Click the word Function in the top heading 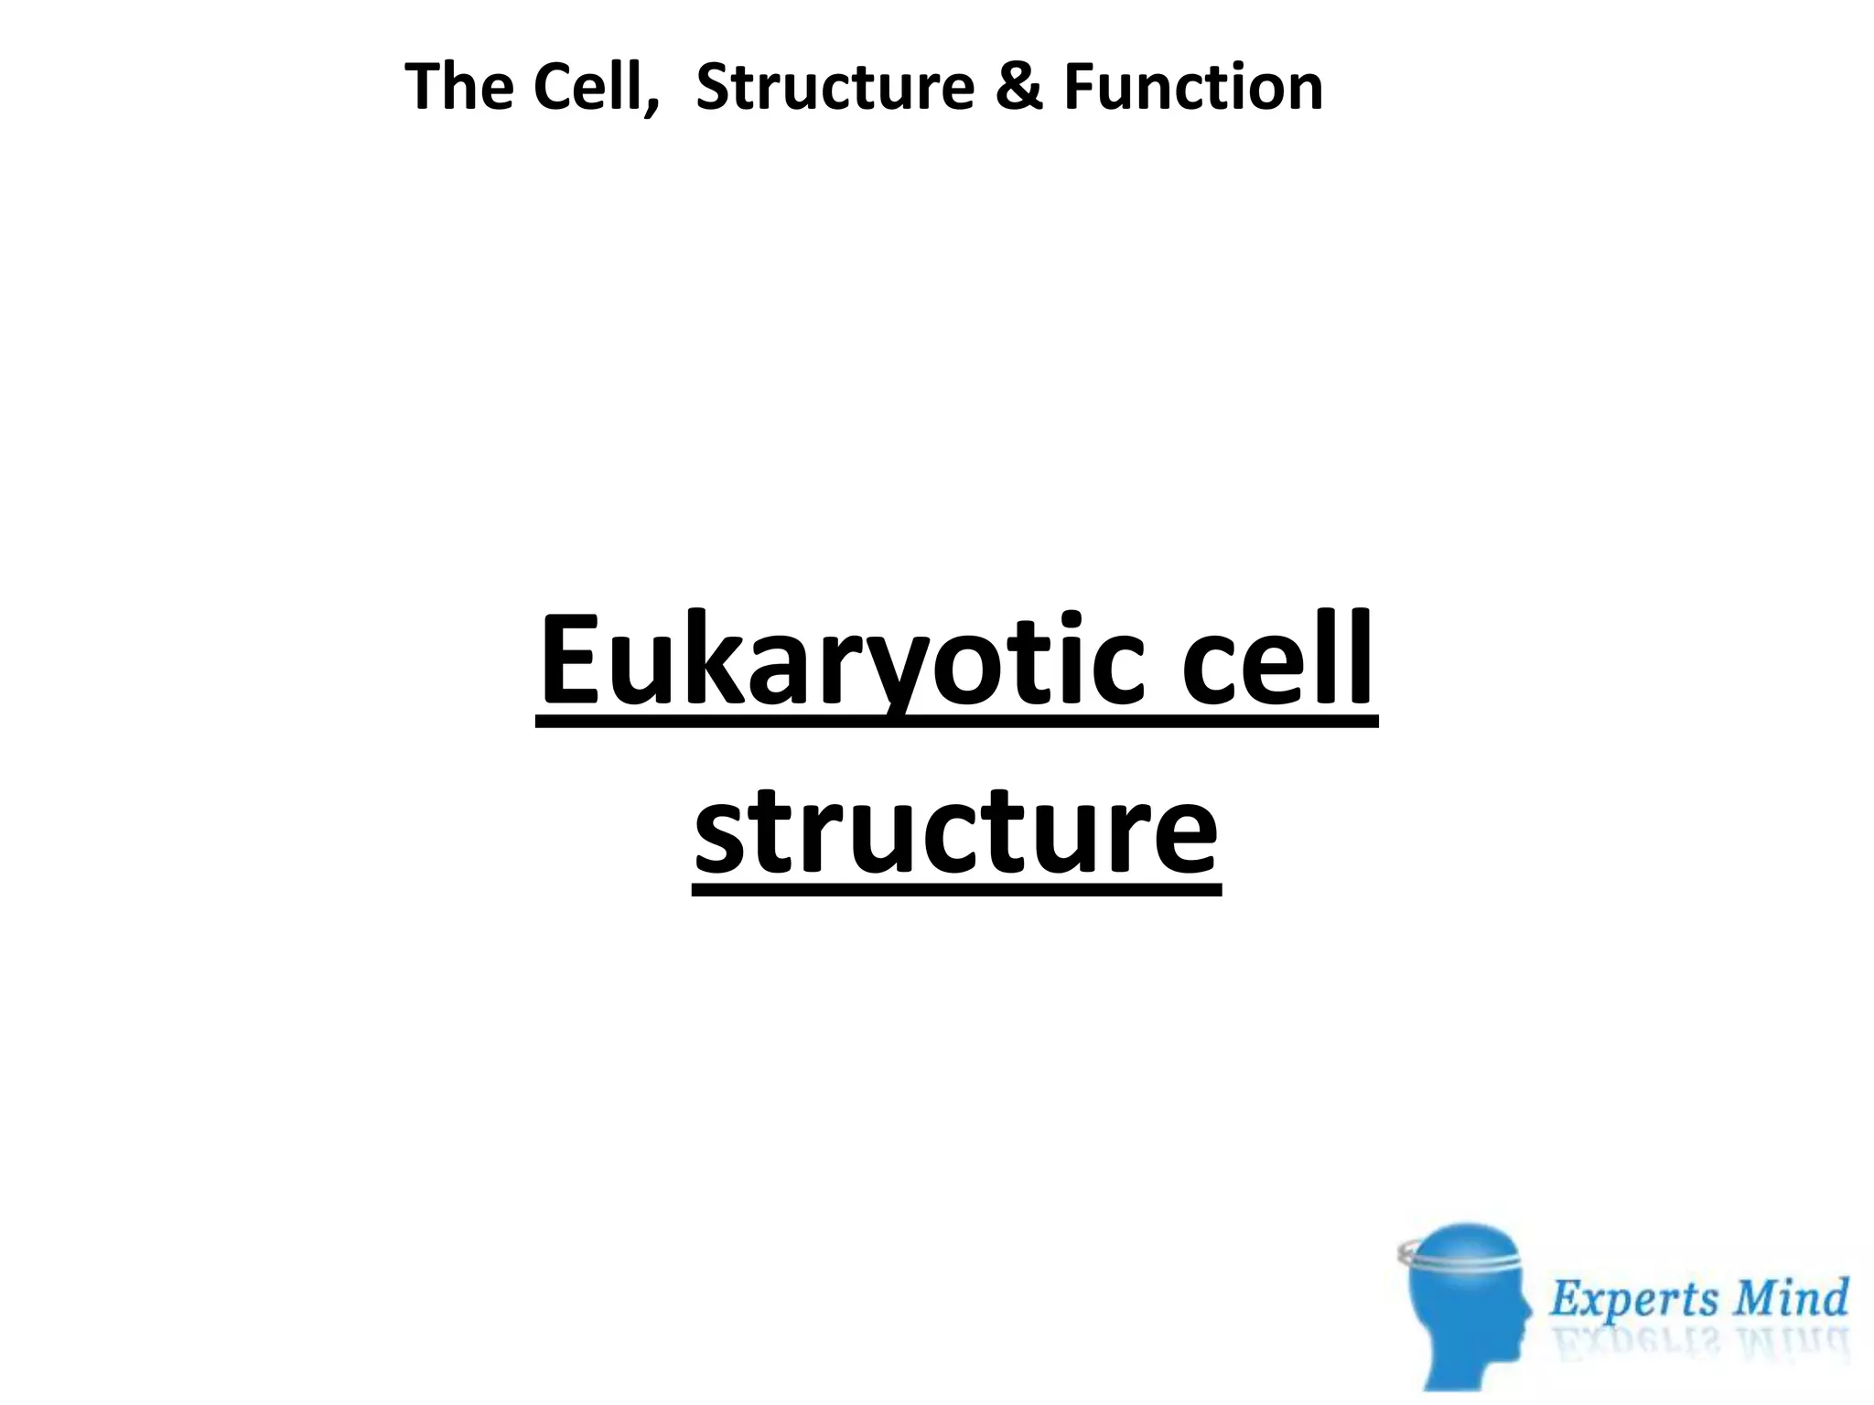[1193, 87]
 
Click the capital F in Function [1080, 87]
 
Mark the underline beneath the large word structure [956, 888]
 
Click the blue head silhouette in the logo [1464, 1317]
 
